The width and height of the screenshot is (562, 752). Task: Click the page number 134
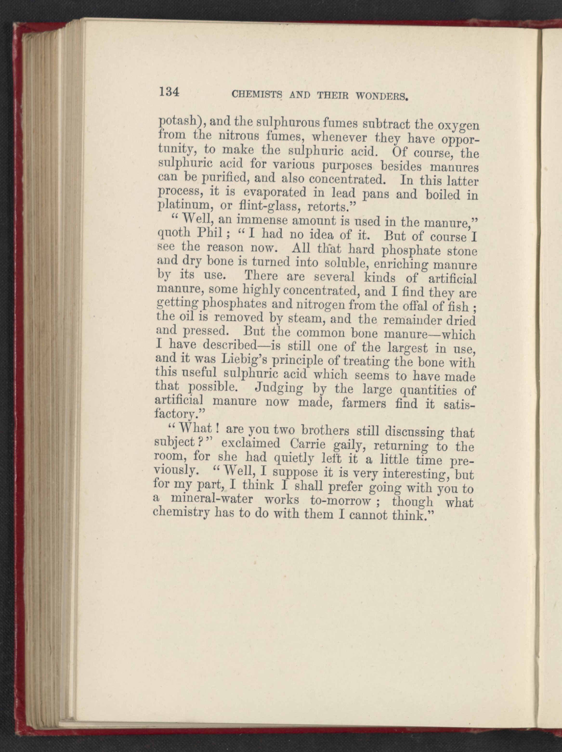click(169, 92)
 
